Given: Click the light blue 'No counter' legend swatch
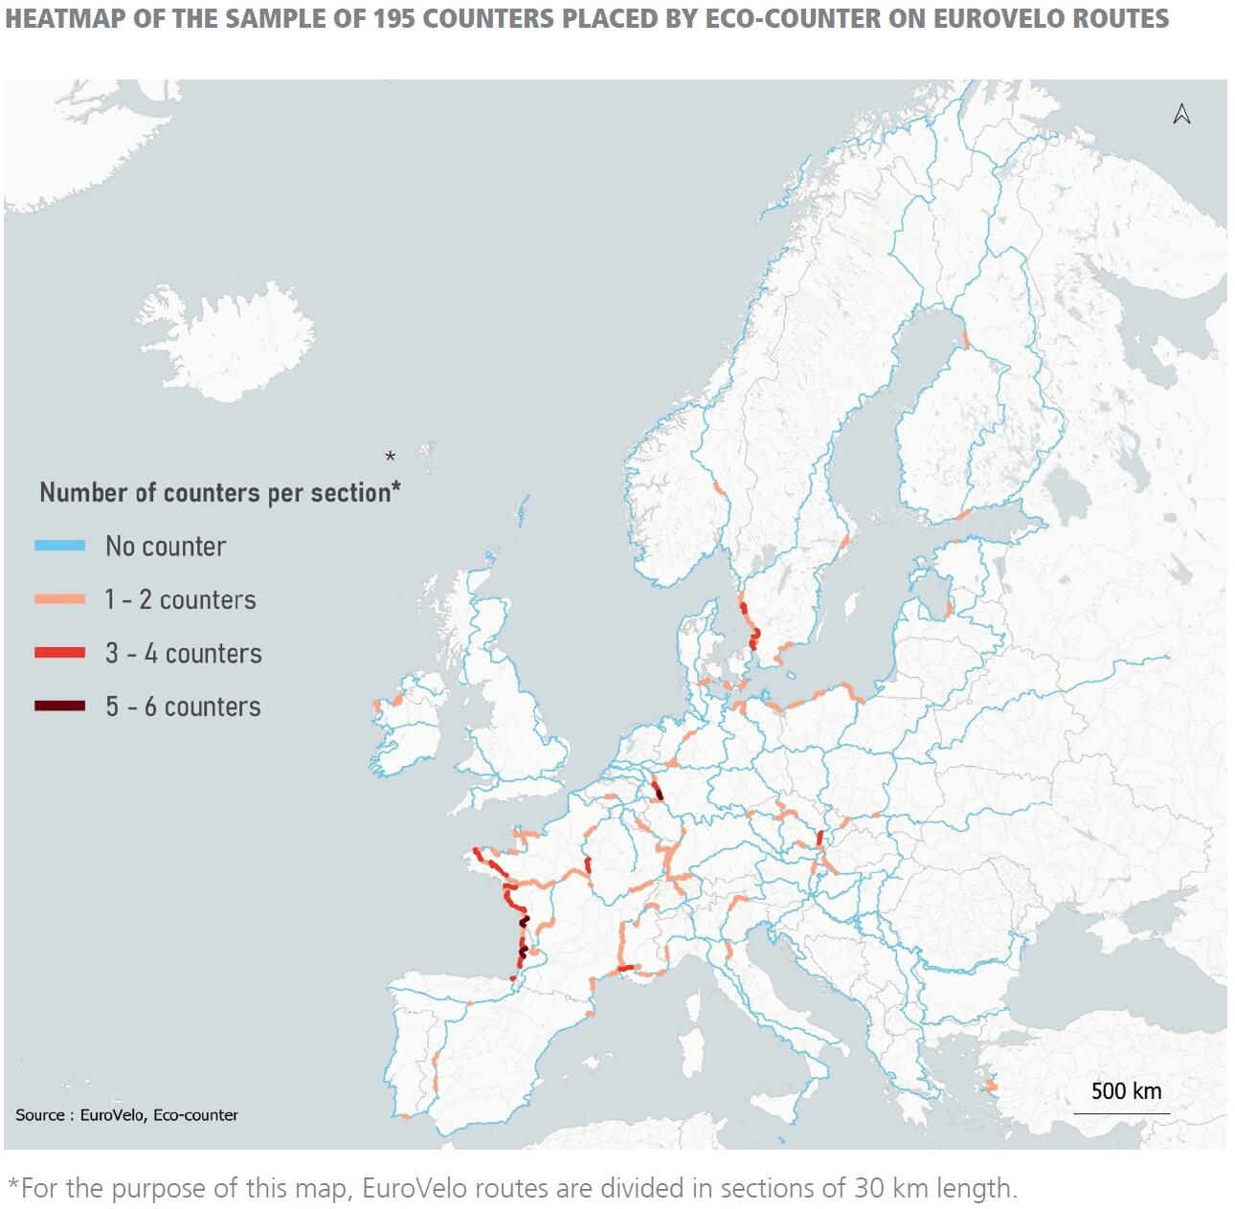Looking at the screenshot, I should click(x=59, y=546).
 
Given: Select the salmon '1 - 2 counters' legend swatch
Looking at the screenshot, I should click(x=59, y=599).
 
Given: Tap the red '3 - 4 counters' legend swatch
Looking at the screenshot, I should click(x=59, y=653).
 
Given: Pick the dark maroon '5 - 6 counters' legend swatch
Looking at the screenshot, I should click(x=59, y=706).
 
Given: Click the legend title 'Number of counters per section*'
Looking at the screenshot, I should click(x=219, y=492).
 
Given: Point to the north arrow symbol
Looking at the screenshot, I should click(x=1181, y=114).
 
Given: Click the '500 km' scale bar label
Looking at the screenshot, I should click(x=1126, y=1091).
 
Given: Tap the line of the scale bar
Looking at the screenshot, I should click(x=1121, y=1113).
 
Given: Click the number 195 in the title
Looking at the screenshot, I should click(x=394, y=19).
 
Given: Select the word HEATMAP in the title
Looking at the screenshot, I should click(x=64, y=19).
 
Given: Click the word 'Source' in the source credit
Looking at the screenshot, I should click(x=39, y=1115).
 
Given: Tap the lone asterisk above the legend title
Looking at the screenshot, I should click(x=390, y=457).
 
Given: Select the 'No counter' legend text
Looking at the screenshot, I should click(x=166, y=546).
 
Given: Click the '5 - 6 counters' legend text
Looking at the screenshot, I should click(x=183, y=706).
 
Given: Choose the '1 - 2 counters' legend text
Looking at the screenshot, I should click(x=181, y=599).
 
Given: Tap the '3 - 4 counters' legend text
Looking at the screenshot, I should click(x=183, y=653).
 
